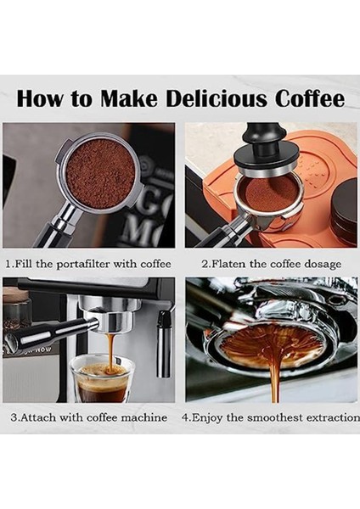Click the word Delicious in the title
217,98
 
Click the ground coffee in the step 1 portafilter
100,173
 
